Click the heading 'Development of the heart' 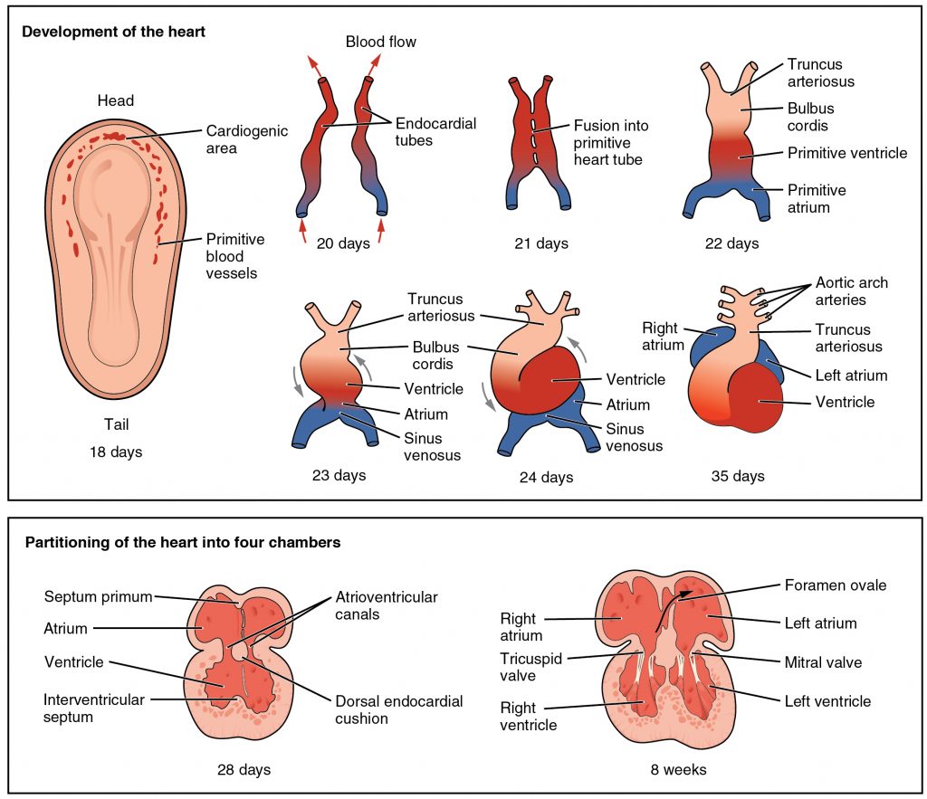[x=114, y=32]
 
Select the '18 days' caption [x=116, y=452]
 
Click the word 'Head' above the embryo [x=116, y=100]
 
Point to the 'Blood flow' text [x=380, y=42]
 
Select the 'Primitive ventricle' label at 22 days [x=846, y=153]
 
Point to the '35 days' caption [x=737, y=476]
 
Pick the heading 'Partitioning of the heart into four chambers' [x=183, y=543]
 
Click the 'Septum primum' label [x=98, y=596]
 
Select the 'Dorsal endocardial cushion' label [x=398, y=709]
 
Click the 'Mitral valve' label [x=822, y=662]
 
